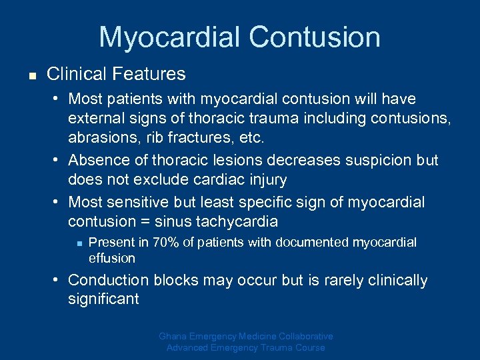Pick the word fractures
coord(207,139)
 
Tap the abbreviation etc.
coord(253,139)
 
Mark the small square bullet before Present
coord(78,243)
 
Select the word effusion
coord(112,258)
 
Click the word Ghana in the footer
coord(174,337)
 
